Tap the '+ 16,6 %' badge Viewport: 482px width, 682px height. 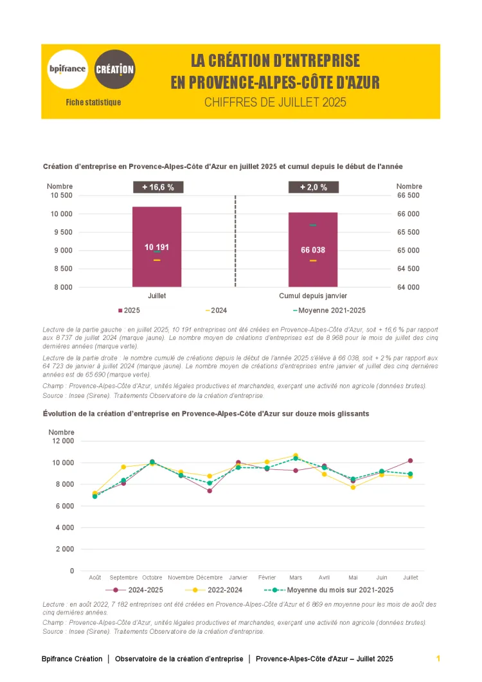[x=158, y=187]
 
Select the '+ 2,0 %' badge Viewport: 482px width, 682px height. [x=313, y=187]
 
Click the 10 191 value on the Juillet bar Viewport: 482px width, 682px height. [x=157, y=247]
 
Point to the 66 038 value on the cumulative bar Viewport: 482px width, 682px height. [x=313, y=250]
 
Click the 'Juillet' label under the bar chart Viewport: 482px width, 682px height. [x=157, y=296]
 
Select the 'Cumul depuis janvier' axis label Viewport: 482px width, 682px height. [x=313, y=296]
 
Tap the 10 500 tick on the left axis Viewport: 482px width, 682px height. [x=62, y=195]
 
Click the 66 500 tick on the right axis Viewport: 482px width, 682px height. [x=408, y=195]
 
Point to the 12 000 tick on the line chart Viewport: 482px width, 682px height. [x=62, y=441]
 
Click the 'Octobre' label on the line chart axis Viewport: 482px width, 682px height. [x=152, y=577]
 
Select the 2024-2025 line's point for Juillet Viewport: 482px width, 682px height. [x=410, y=461]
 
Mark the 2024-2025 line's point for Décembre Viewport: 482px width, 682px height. [x=210, y=491]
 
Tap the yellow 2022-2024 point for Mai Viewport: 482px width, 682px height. [x=353, y=487]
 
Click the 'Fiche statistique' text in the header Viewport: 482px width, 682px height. [x=93, y=102]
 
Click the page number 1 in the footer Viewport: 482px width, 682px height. [x=438, y=659]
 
